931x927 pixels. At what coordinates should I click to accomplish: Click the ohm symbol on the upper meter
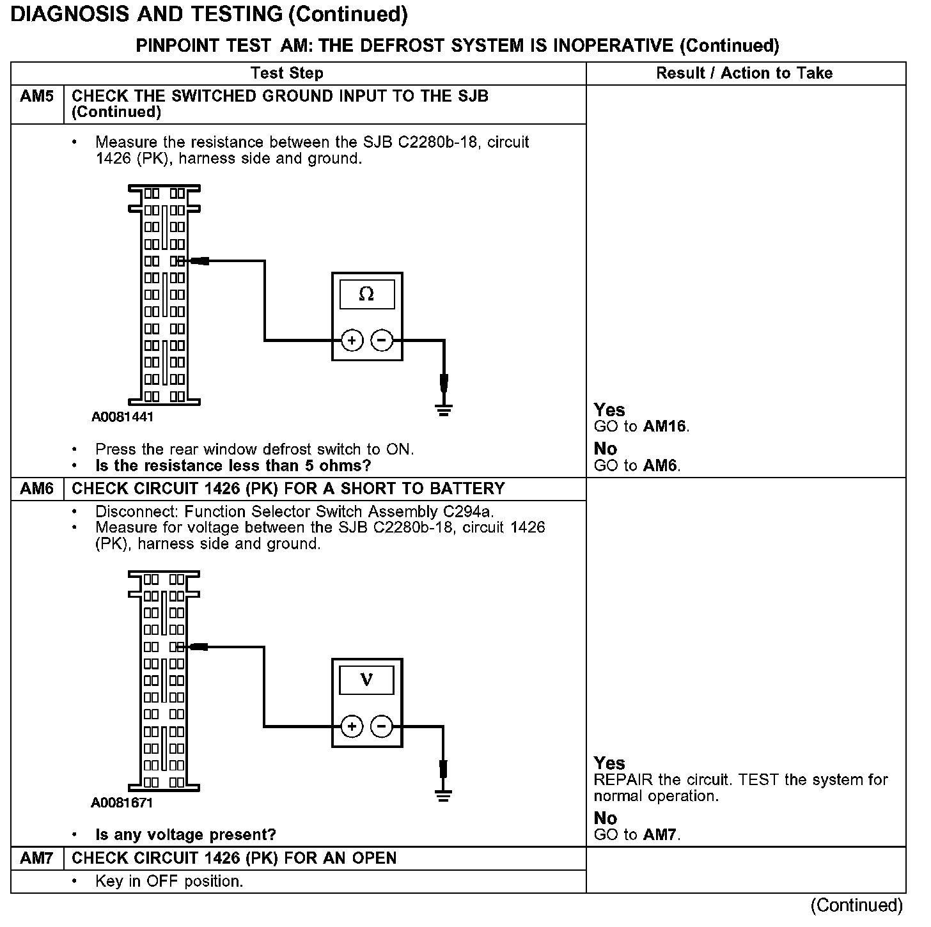[366, 294]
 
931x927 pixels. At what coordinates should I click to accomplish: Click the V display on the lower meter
[366, 680]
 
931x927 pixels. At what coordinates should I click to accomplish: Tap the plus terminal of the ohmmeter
[352, 340]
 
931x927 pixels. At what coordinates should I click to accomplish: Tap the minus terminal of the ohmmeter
[382, 340]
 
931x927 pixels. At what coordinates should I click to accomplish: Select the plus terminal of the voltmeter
[352, 726]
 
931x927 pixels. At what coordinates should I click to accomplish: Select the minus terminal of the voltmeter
[382, 726]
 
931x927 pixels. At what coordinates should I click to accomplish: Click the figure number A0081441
[122, 417]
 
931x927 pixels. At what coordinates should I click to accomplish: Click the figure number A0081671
[122, 803]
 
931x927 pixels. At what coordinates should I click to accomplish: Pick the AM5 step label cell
[37, 97]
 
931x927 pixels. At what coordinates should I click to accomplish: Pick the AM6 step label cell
[37, 489]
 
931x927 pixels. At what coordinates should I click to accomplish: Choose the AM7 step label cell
[37, 858]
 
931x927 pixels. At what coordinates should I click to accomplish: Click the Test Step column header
[286, 74]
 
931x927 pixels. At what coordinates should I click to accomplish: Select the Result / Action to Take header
[744, 74]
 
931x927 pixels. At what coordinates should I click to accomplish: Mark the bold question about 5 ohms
[233, 466]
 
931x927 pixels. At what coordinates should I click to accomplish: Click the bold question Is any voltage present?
[185, 835]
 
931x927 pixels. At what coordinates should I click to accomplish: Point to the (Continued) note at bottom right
[856, 905]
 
